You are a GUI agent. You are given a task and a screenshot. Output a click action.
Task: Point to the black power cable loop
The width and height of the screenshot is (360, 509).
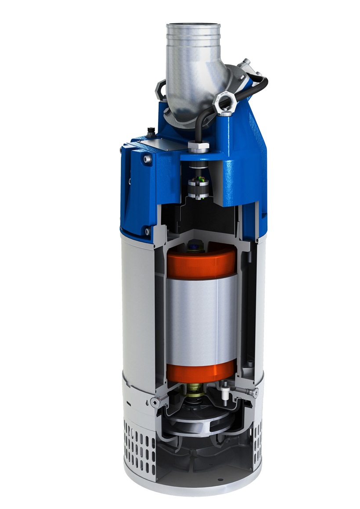point(259,83)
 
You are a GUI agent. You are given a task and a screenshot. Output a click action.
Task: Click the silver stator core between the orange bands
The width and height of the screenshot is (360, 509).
point(201,316)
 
